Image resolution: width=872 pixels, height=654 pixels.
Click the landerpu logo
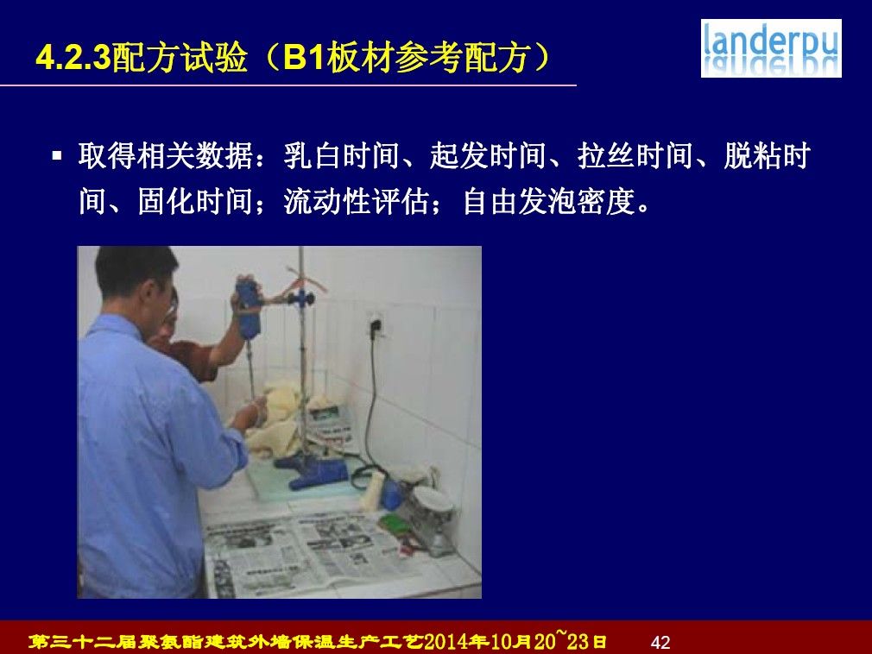point(771,48)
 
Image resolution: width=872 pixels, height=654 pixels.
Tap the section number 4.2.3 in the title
point(74,57)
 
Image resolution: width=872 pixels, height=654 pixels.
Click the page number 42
point(660,642)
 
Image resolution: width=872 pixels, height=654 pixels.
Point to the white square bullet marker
point(57,155)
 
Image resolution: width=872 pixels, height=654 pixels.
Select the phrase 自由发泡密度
point(549,201)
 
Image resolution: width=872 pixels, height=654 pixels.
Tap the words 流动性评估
point(357,201)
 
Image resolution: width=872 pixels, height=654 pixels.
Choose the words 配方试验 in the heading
point(180,57)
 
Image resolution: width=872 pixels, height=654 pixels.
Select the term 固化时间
point(195,201)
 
